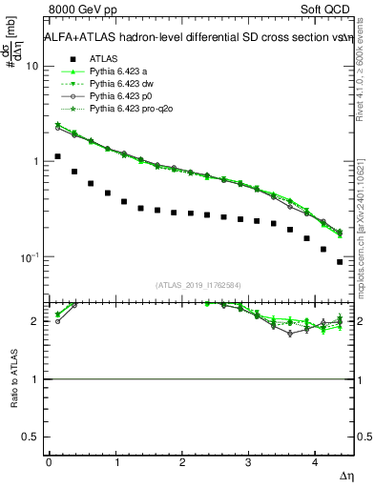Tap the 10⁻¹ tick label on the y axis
click(28, 257)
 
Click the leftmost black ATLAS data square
click(58, 156)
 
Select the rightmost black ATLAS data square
click(340, 262)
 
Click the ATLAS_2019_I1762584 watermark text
click(198, 284)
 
